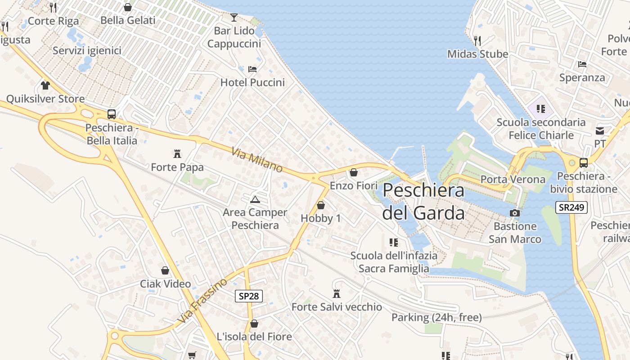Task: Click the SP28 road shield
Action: [248, 296]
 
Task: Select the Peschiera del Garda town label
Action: [423, 201]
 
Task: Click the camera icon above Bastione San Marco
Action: [515, 213]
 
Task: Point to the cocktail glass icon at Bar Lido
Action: [234, 18]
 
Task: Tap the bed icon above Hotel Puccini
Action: [252, 69]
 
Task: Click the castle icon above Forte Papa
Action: [177, 154]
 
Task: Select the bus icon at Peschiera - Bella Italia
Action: [112, 114]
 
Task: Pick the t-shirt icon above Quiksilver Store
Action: [45, 85]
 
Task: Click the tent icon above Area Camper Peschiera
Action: [255, 199]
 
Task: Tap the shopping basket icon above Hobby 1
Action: [321, 205]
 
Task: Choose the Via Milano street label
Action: [257, 160]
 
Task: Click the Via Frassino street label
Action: [202, 301]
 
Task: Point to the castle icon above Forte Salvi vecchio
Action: [336, 294]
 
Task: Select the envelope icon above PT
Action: [600, 130]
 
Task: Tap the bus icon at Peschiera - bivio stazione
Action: [583, 163]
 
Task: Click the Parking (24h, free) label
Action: [436, 317]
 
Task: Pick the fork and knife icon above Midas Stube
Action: [477, 40]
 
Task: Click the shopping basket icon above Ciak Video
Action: [165, 270]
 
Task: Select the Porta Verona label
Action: [513, 179]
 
